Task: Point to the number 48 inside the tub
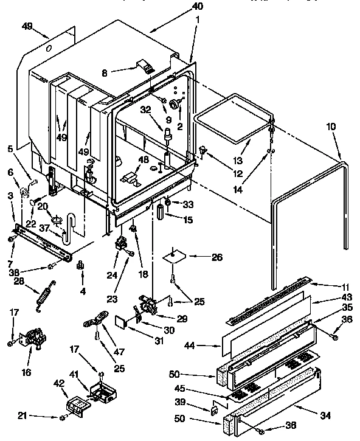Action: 144,160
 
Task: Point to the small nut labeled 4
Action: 80,265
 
